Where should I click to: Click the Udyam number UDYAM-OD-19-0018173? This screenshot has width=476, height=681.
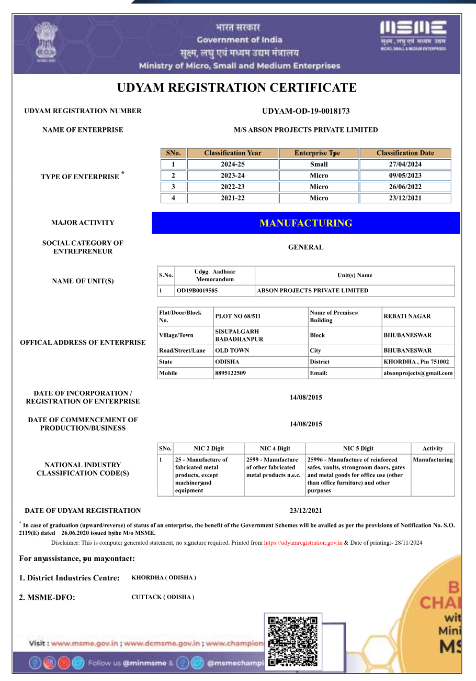click(x=305, y=111)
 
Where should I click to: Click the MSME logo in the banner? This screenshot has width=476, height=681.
click(x=413, y=35)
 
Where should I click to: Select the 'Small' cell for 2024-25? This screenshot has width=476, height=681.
click(x=319, y=164)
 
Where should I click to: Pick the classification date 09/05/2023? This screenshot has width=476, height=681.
click(x=405, y=175)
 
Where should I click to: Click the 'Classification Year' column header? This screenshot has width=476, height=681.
click(x=232, y=153)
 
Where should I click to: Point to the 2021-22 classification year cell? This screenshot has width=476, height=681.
click(x=232, y=198)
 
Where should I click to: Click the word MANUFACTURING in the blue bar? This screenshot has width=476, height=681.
click(x=305, y=223)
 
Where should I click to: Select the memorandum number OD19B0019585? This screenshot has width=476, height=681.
click(x=197, y=291)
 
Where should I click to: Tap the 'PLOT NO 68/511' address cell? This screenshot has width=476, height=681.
click(x=238, y=316)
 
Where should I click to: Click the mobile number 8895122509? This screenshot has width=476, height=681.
click(x=231, y=374)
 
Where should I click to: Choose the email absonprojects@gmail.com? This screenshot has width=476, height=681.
click(x=418, y=374)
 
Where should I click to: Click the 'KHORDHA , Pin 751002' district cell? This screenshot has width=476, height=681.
click(x=416, y=362)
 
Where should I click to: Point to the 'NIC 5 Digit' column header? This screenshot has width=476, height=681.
click(x=358, y=448)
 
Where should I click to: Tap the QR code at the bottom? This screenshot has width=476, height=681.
click(x=292, y=642)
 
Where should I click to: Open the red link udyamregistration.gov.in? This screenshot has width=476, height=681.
click(x=303, y=543)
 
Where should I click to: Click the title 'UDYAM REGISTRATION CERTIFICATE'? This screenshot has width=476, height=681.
click(x=237, y=87)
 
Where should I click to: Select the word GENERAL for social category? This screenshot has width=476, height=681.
click(x=305, y=247)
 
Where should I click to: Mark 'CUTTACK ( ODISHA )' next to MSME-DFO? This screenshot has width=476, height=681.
click(x=163, y=597)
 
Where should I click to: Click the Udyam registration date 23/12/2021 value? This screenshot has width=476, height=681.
click(x=305, y=511)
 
